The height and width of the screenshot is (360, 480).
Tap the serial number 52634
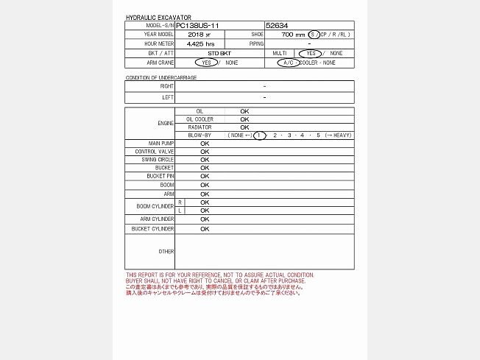(x=277, y=25)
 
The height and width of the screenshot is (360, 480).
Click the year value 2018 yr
(x=199, y=35)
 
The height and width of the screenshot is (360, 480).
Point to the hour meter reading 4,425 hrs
(x=200, y=44)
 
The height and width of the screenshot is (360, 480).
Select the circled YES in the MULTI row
(x=310, y=54)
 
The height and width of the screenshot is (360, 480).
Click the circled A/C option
(x=288, y=63)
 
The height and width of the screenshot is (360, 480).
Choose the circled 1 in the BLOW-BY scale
(x=259, y=135)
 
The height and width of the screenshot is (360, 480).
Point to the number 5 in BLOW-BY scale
(x=319, y=135)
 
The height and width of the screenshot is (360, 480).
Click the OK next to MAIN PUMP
(x=205, y=143)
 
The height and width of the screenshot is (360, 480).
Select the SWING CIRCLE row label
(x=155, y=160)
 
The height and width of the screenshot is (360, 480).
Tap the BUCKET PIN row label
(x=160, y=177)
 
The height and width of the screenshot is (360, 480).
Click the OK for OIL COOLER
(x=244, y=119)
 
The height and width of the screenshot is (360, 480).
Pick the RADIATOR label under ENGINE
(x=199, y=127)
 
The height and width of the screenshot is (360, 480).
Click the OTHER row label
(x=166, y=252)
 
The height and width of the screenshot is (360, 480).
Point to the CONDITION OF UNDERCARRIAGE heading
(x=161, y=77)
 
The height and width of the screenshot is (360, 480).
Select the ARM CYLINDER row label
(x=158, y=219)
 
